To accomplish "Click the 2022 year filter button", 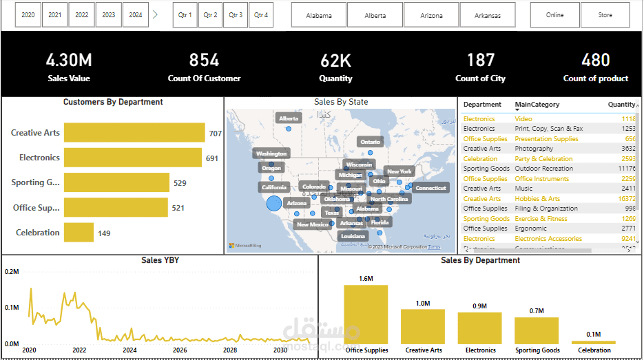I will (x=82, y=14).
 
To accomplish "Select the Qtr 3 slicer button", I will (x=236, y=14).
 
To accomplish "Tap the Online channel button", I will (x=554, y=14).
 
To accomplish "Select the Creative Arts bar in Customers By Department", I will (x=134, y=133).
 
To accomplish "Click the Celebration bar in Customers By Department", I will (x=79, y=233).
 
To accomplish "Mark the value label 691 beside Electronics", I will (x=212, y=158).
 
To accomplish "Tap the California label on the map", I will (x=274, y=187).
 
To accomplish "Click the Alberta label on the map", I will (x=289, y=118).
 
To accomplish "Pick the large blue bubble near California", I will (x=273, y=203).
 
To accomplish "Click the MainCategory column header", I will (x=537, y=105).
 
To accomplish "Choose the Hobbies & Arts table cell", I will (x=537, y=199).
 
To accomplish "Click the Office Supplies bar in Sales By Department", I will (x=366, y=314).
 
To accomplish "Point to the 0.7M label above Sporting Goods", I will (x=537, y=311).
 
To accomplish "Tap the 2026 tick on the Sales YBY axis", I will (x=179, y=350).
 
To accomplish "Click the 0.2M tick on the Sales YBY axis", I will (x=12, y=272).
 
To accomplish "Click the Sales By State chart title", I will (x=341, y=102).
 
